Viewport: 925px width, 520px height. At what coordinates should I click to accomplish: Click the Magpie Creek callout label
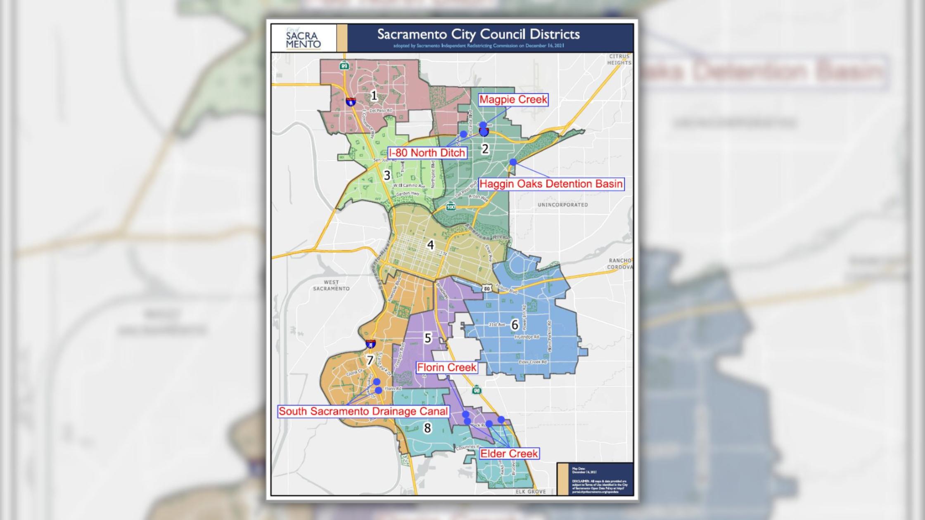[513, 100]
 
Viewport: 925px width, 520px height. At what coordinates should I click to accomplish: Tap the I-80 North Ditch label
[427, 153]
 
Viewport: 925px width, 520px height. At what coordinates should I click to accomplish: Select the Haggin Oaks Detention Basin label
[551, 184]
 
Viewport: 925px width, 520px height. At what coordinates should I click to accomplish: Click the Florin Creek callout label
[446, 367]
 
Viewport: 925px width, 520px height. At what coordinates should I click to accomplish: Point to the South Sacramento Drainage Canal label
[363, 411]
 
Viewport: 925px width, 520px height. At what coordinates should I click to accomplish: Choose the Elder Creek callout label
[509, 454]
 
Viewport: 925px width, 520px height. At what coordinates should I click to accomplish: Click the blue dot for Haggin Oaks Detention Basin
[513, 162]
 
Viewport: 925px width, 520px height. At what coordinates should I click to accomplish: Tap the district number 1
[374, 96]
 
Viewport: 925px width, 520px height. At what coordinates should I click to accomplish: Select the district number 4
[430, 245]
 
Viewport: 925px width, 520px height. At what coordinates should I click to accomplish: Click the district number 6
[515, 325]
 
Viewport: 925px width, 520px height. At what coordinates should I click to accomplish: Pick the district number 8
[427, 428]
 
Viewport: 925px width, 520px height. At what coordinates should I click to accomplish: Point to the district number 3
[387, 175]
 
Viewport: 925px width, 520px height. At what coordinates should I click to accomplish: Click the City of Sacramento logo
[303, 38]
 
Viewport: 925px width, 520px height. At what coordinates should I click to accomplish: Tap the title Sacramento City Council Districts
[478, 34]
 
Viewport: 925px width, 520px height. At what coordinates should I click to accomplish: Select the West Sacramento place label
[331, 286]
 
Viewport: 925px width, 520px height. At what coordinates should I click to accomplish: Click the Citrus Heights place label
[619, 59]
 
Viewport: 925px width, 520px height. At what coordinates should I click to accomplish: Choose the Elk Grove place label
[531, 492]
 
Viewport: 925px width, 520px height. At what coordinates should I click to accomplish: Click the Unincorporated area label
[562, 205]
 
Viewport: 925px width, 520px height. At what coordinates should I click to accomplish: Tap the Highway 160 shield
[451, 206]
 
